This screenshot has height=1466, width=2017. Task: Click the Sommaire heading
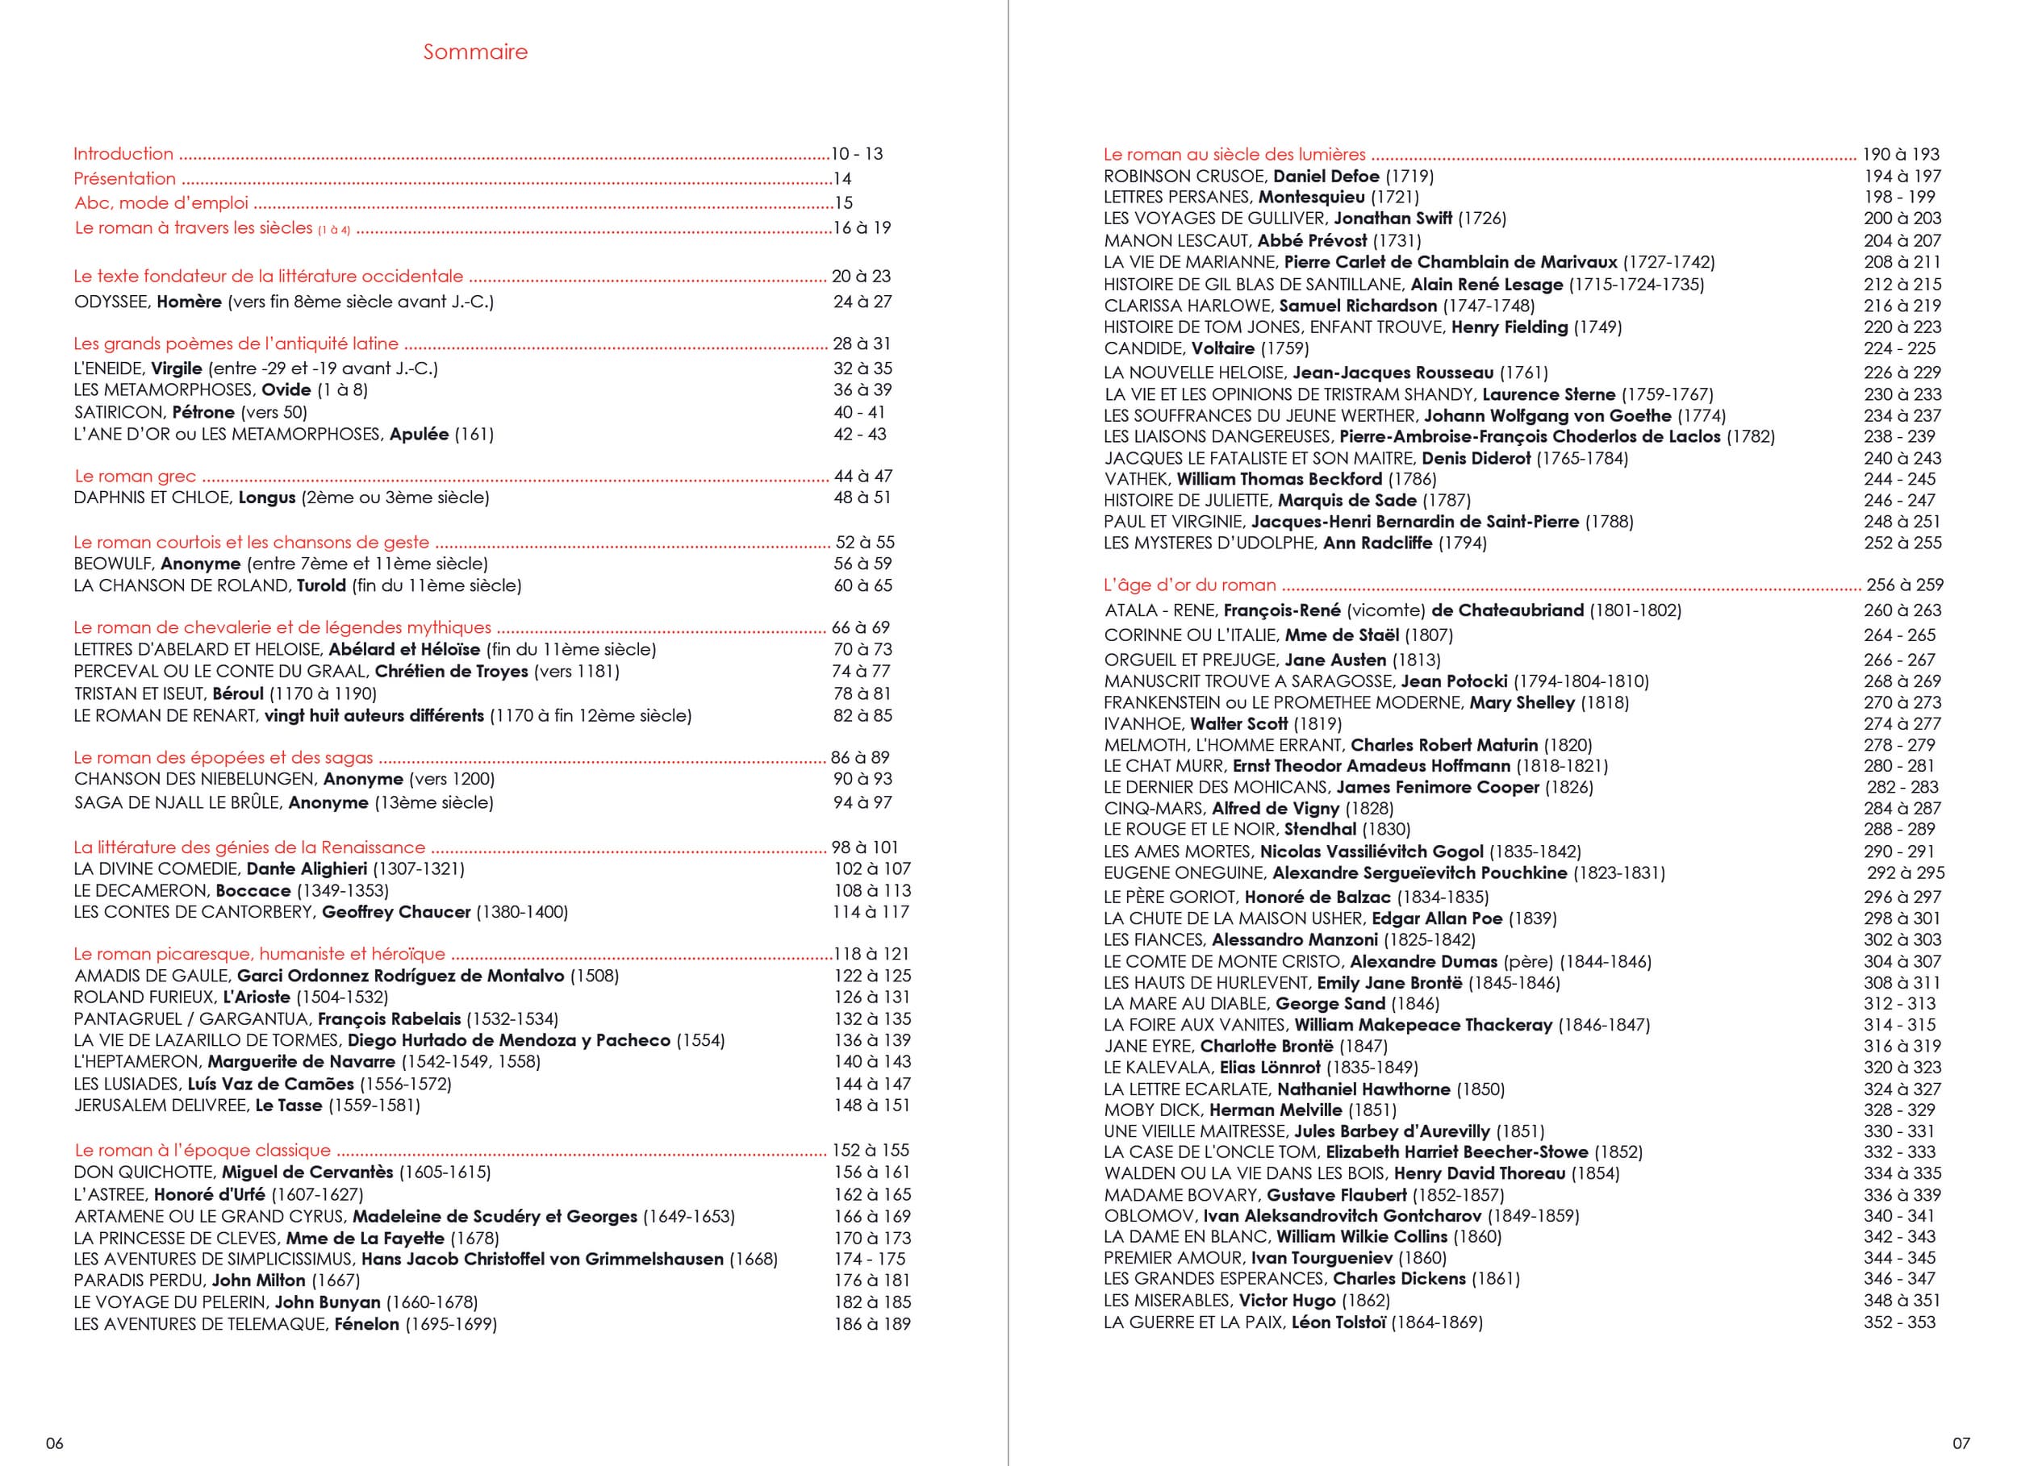click(x=475, y=52)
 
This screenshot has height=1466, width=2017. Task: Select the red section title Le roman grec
click(x=134, y=476)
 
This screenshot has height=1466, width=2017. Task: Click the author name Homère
click(x=189, y=302)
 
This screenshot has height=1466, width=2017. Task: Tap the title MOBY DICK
click(x=1150, y=1110)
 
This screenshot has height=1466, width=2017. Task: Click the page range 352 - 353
click(x=1899, y=1322)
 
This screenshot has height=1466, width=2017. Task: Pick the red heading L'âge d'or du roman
click(x=1189, y=585)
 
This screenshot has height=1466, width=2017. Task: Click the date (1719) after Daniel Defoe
click(x=1409, y=176)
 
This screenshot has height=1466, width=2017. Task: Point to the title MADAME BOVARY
click(x=1181, y=1195)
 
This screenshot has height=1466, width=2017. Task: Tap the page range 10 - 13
click(x=857, y=154)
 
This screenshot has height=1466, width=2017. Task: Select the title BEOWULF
click(x=113, y=564)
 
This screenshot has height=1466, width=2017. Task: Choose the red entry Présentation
click(x=124, y=179)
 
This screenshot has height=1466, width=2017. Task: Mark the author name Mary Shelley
click(x=1522, y=702)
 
